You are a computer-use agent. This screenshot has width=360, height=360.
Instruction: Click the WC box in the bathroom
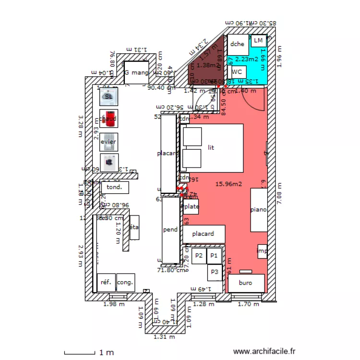click(x=236, y=72)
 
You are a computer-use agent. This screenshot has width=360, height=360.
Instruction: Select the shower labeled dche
click(x=238, y=45)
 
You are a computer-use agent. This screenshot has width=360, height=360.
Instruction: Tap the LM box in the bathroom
click(x=259, y=40)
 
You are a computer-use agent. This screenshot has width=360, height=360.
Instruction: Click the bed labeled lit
click(x=212, y=148)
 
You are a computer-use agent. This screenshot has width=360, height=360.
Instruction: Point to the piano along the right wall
click(x=259, y=210)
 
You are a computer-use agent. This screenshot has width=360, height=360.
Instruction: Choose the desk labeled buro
click(x=246, y=283)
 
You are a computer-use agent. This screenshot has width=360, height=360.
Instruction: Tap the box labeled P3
click(x=215, y=272)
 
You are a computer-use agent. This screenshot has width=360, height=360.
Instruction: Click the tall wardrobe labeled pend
click(x=170, y=230)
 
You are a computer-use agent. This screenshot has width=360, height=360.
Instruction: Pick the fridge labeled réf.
click(x=106, y=282)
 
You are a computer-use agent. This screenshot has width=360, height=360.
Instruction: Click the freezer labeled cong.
click(x=125, y=282)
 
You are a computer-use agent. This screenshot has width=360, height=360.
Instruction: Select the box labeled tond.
click(x=115, y=187)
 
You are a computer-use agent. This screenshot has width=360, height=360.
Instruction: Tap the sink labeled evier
click(x=108, y=142)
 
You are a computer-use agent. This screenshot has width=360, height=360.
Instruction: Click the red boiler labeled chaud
click(x=108, y=118)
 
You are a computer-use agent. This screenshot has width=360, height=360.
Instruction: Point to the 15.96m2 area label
click(x=228, y=183)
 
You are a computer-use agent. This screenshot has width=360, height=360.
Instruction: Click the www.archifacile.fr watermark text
click(x=264, y=352)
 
